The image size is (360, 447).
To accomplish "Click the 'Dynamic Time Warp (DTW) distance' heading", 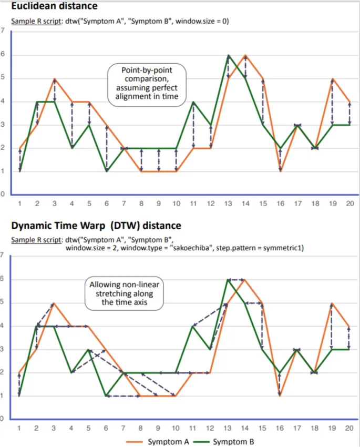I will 96,226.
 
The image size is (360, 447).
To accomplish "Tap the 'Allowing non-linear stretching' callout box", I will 125,293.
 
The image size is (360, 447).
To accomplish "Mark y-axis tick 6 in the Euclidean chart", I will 3,55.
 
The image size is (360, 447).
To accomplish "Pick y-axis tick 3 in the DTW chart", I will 3,349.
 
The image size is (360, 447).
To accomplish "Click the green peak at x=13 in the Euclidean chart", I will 228,55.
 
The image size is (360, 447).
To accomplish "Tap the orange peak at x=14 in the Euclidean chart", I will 245,55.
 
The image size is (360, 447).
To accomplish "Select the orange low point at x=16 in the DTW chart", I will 280,396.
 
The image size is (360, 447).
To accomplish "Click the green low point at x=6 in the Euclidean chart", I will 107,171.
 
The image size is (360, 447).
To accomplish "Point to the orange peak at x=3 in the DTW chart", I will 55,303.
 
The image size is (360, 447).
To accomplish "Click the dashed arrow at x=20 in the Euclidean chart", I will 349,113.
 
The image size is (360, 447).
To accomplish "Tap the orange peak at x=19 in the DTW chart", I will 332,303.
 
